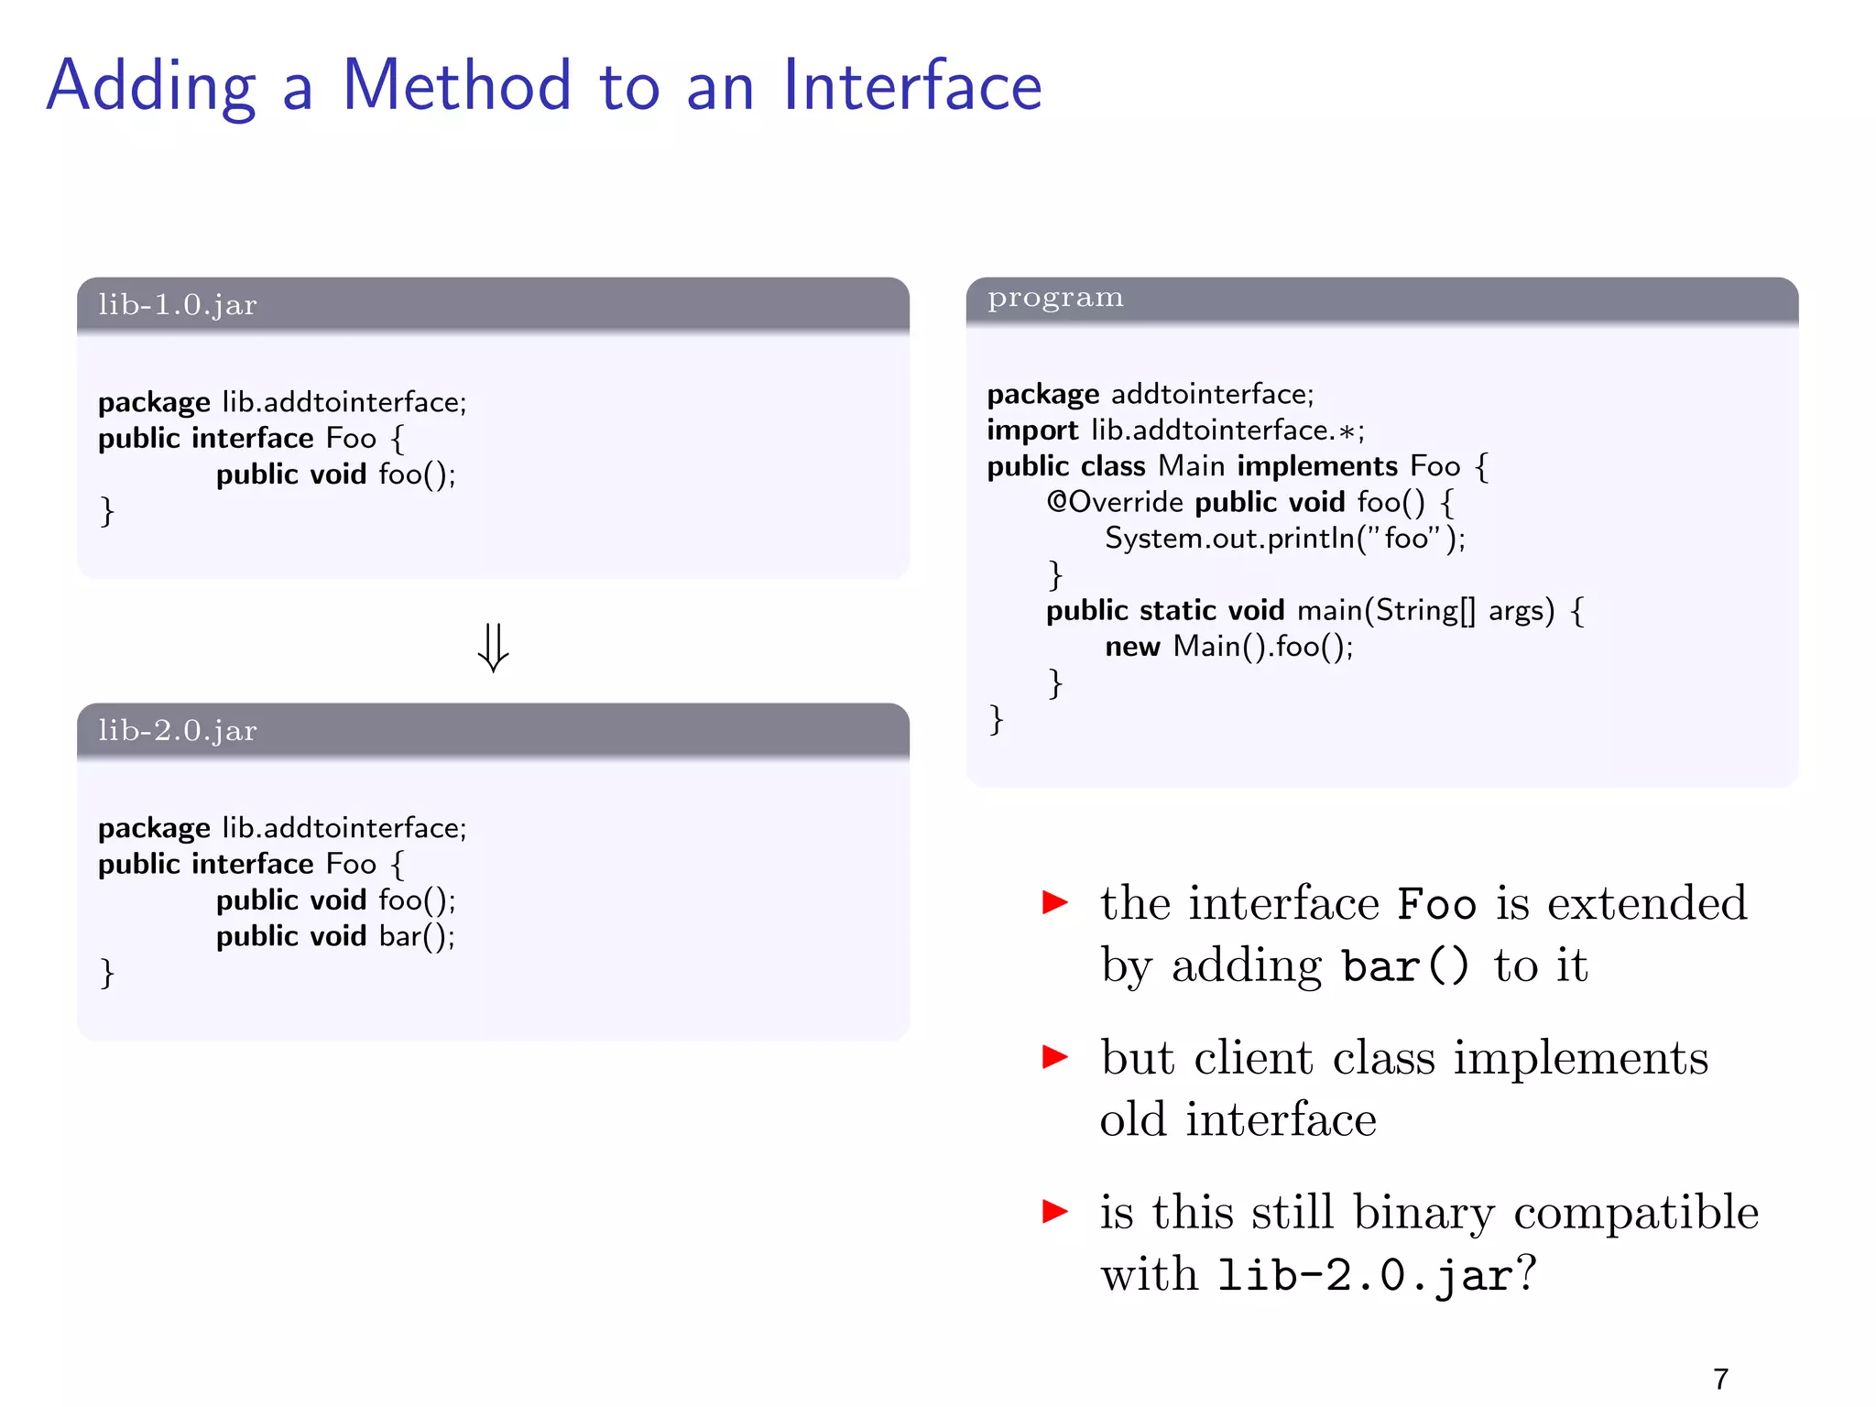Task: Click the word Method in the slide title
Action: pyautogui.click(x=456, y=86)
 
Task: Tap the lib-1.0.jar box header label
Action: pyautogui.click(x=178, y=305)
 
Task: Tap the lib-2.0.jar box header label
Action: pyautogui.click(x=178, y=731)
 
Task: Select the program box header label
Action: pyautogui.click(x=1055, y=299)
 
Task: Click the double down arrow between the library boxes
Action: pyautogui.click(x=493, y=647)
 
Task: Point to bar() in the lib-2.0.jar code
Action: pyautogui.click(x=416, y=936)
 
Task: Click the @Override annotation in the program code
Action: pyautogui.click(x=1115, y=502)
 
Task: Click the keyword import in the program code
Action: pyautogui.click(x=1032, y=431)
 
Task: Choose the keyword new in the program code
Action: pyautogui.click(x=1132, y=647)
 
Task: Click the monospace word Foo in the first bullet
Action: pyautogui.click(x=1436, y=905)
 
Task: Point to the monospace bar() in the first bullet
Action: pyautogui.click(x=1405, y=967)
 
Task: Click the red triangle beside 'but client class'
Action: pyautogui.click(x=1055, y=1057)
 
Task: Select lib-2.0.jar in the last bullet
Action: pyautogui.click(x=1365, y=1275)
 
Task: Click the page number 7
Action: pyautogui.click(x=1720, y=1379)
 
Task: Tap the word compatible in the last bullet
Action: pyautogui.click(x=1636, y=1213)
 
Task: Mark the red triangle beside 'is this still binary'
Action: pyautogui.click(x=1055, y=1211)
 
